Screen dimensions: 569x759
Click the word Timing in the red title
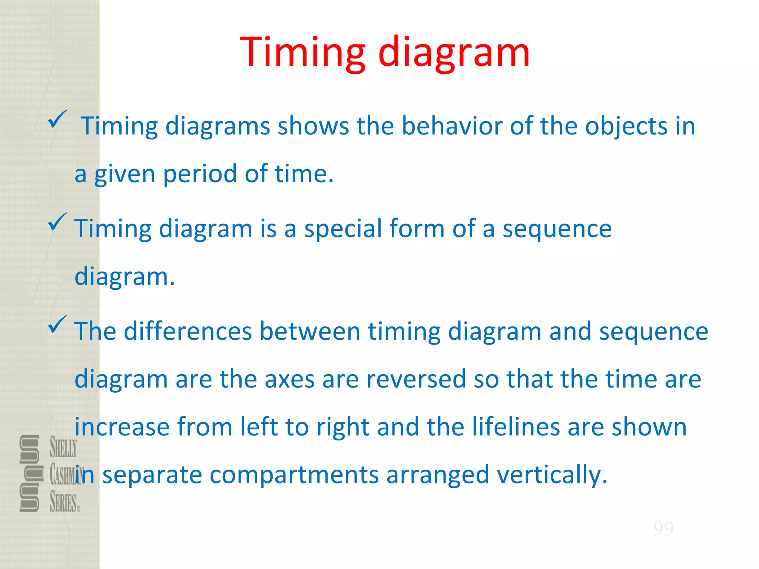click(x=303, y=53)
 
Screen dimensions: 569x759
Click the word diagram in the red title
click(x=454, y=53)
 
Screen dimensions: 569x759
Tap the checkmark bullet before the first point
click(x=57, y=119)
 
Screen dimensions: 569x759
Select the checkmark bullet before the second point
click(x=57, y=222)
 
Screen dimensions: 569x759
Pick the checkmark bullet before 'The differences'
click(x=57, y=324)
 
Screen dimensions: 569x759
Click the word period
click(x=200, y=174)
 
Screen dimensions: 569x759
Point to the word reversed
click(x=416, y=379)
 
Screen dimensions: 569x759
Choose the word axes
click(x=289, y=379)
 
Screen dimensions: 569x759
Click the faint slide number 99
click(x=663, y=528)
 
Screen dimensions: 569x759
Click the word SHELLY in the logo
click(x=63, y=447)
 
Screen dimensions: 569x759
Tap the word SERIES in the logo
click(x=63, y=503)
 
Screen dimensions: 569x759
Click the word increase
click(x=122, y=427)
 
